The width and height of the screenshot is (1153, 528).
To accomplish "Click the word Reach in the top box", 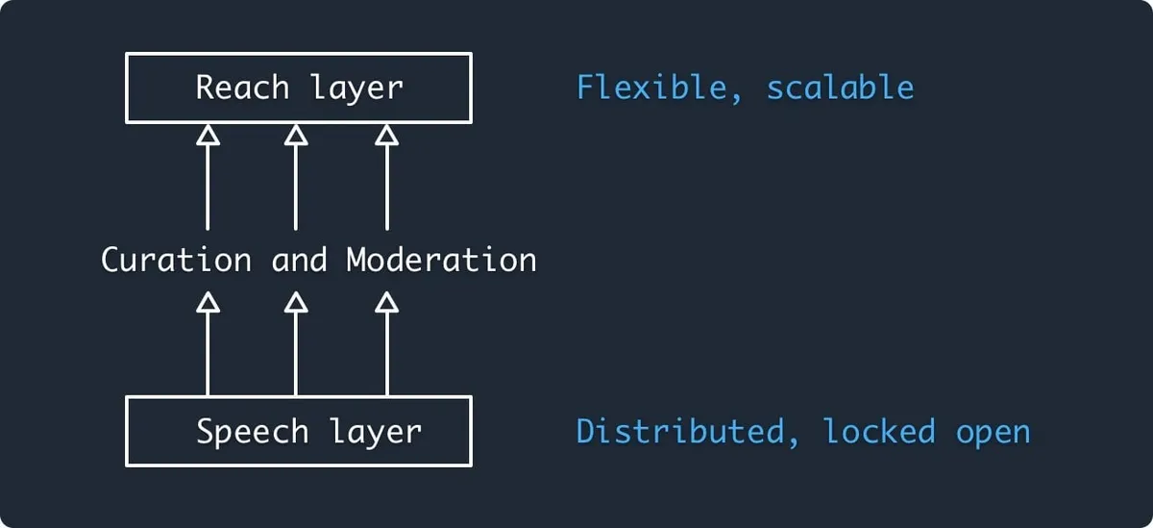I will [x=242, y=88].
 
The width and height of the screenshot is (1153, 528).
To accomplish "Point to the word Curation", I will [x=176, y=260].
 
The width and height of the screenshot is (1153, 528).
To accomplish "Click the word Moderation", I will [x=441, y=260].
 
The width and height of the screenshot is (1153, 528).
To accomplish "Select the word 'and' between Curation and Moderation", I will [x=299, y=260].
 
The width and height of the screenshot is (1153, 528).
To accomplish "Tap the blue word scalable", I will [x=840, y=88].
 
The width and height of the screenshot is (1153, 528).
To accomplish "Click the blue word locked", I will [x=879, y=432].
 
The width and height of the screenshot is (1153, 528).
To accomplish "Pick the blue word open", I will [x=993, y=432].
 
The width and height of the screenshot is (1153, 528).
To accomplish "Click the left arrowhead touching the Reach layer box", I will [x=208, y=136].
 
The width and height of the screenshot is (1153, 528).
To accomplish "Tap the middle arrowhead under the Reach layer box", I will [x=296, y=136].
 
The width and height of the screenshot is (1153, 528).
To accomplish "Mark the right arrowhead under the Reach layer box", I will [x=386, y=136].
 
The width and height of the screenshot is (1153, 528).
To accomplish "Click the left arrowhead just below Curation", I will [x=208, y=303].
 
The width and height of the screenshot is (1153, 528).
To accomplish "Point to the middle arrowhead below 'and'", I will [x=296, y=303].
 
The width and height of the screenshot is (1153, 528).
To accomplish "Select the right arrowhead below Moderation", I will [x=386, y=303].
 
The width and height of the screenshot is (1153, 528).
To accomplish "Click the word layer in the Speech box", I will [x=376, y=432].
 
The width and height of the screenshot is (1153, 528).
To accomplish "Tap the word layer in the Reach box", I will [x=356, y=88].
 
